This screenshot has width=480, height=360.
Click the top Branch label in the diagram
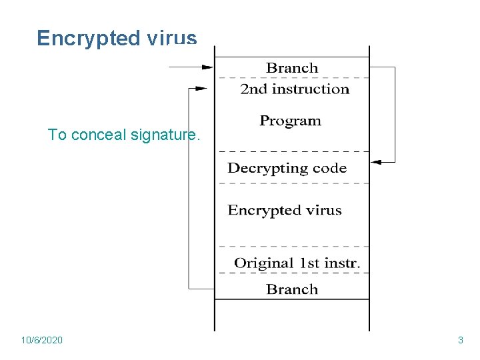292,68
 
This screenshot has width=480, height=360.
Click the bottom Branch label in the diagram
292,289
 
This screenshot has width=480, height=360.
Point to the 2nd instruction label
295,89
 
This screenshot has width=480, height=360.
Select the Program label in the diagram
290,121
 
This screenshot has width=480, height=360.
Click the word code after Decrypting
329,168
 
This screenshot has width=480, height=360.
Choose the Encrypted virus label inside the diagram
285,211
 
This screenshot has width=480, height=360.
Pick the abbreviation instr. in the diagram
343,263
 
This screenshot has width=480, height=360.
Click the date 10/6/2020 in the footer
42,341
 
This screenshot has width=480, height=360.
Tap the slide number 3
460,341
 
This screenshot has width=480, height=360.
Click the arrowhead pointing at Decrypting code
375,162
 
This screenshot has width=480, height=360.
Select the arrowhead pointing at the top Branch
207,67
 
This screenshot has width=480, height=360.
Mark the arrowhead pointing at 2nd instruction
201,89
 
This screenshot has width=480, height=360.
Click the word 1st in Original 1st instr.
309,263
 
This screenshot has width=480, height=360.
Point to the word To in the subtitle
57,135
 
